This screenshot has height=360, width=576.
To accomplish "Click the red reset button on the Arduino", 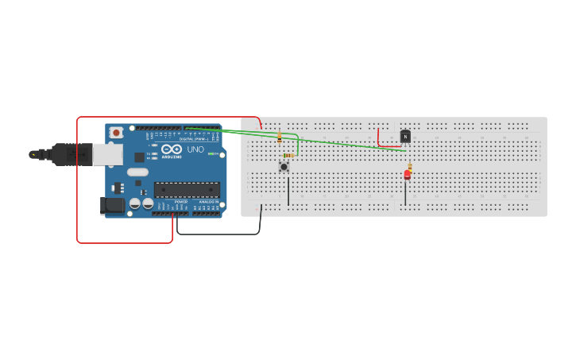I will click(x=117, y=133).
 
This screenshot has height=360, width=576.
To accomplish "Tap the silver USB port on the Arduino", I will click(x=107, y=154).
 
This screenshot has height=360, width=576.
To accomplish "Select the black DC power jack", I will click(x=113, y=206).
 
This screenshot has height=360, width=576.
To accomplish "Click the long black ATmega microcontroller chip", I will click(x=187, y=189).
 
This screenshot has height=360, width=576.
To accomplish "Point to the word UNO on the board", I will click(x=195, y=149).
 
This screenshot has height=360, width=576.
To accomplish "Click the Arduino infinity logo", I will click(x=172, y=149).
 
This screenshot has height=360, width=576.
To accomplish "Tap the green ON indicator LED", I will click(x=211, y=153).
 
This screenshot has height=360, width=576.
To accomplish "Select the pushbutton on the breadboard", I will click(x=284, y=167).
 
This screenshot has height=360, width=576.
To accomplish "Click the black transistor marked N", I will click(x=405, y=136).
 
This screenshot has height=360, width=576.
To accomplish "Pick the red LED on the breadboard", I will click(x=408, y=175).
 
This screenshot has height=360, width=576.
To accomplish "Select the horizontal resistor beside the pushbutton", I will click(x=288, y=156).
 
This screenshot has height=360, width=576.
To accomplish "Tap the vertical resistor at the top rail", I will click(x=279, y=137).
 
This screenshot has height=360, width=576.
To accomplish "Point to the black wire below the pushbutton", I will click(x=288, y=191).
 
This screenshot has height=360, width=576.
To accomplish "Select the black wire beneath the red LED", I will click(x=406, y=193).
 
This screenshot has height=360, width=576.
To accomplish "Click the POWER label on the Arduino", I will click(x=180, y=202).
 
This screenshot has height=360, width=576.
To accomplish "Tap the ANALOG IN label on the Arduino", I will click(x=208, y=202).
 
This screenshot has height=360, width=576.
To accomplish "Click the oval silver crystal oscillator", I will click(x=137, y=172).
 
